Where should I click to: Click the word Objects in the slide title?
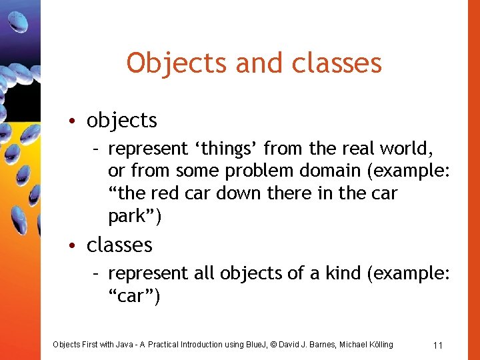tap(167, 63)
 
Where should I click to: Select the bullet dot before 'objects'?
tap(79, 121)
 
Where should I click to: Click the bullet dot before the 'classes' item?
tap(79, 246)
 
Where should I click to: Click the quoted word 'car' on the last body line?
tap(133, 296)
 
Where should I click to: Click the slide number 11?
tap(438, 345)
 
